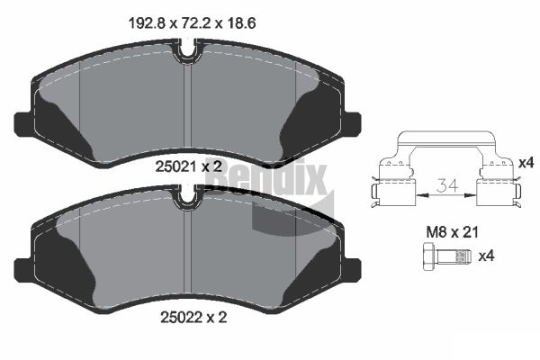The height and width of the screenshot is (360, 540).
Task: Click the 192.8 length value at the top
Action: click(148, 23)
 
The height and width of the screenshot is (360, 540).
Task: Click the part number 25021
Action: click(176, 167)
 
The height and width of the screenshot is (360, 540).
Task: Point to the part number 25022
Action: click(181, 318)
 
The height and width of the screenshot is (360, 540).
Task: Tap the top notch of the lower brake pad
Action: click(187, 197)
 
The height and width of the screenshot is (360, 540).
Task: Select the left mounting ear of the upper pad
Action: click(23, 125)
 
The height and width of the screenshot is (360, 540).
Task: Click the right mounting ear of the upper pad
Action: click(352, 125)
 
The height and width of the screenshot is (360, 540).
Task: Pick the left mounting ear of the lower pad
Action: click(23, 270)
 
